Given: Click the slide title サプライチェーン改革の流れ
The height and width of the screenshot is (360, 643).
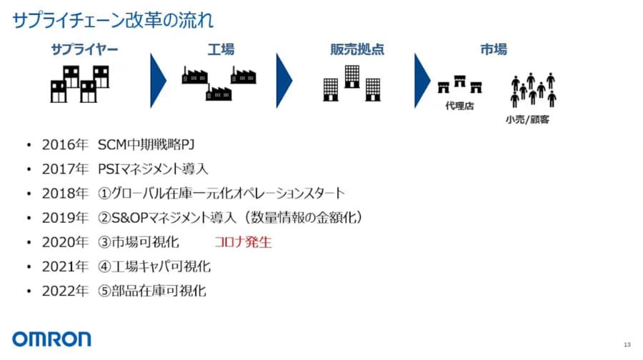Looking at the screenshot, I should pos(112,19).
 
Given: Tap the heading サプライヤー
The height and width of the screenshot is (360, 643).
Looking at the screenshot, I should pos(84,50).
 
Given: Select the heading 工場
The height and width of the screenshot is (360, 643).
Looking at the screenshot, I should pos(221,50).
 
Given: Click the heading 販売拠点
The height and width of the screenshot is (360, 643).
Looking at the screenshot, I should pos(357,50).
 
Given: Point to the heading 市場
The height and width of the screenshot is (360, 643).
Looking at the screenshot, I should pos(494,50).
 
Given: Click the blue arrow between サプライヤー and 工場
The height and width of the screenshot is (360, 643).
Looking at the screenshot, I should pos(158,79).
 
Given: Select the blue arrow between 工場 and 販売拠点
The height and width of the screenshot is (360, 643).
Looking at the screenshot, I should pos(284,79).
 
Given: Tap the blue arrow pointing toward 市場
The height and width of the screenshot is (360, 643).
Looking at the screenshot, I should pos(422,79).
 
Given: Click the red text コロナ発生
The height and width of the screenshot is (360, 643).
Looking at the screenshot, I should pos(243,241).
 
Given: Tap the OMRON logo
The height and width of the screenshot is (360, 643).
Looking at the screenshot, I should pos(51,339).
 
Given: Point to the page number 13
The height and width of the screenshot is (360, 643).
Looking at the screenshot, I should pos(627,345).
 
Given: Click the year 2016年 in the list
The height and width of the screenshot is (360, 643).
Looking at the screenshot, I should pos(64,145).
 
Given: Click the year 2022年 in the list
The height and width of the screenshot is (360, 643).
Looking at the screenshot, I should pos(64,291).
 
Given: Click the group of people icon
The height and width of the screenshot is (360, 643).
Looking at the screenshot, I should pos(533,89).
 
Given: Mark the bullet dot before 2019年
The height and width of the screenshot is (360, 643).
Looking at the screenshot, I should pos(29,218).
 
